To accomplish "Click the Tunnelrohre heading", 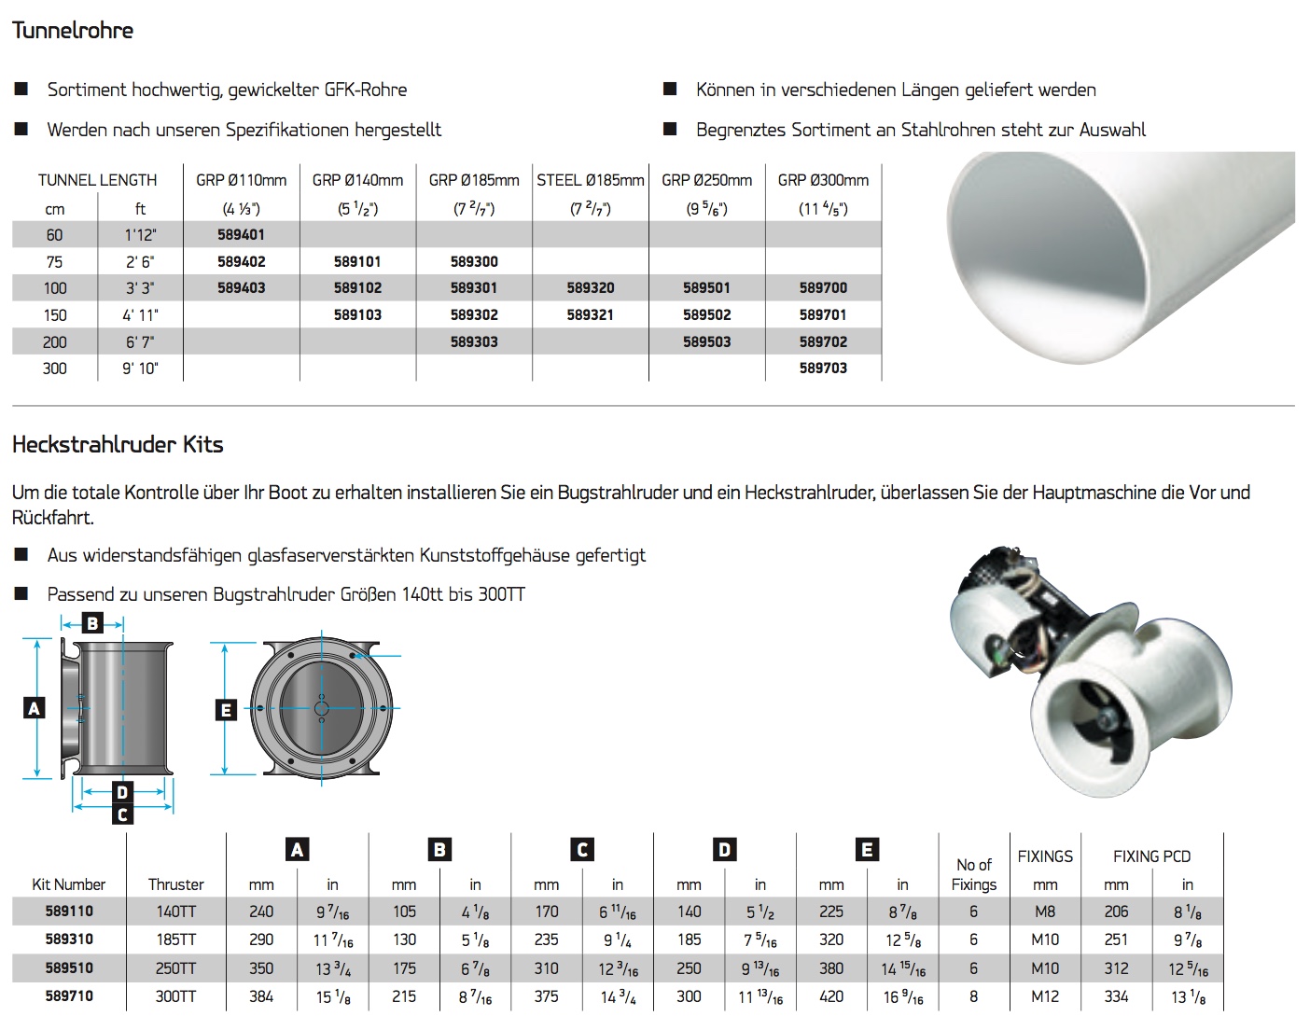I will [73, 31].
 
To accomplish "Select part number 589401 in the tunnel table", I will [241, 235].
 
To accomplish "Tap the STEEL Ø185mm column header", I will [590, 180].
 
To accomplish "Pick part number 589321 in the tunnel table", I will [590, 315].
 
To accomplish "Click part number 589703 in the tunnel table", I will [823, 369].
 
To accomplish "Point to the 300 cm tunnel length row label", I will [55, 369].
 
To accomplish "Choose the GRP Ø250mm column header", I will [706, 180].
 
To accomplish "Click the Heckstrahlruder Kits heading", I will [118, 445].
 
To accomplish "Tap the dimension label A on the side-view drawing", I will [35, 708].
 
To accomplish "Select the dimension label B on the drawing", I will [92, 623].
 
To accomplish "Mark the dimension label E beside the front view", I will [226, 710].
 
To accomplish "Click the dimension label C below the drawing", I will [122, 814].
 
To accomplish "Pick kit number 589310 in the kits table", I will [69, 940].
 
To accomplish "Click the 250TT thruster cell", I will [175, 968].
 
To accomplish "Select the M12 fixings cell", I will [1045, 996].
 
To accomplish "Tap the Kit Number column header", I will [69, 884].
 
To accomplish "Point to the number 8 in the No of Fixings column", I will [973, 996].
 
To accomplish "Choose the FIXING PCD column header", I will [1151, 856].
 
